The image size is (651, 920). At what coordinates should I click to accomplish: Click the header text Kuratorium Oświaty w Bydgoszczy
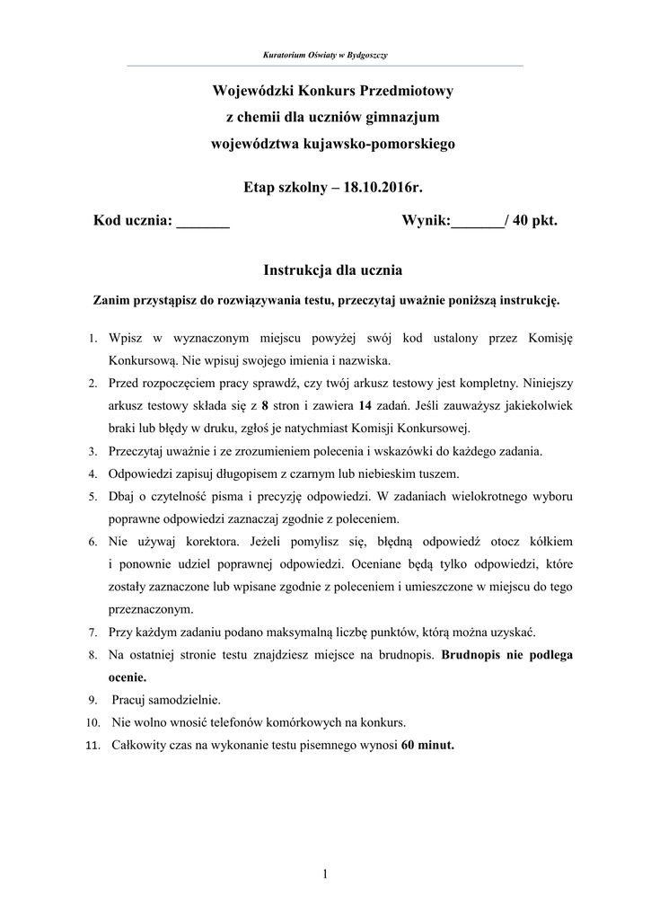pyautogui.click(x=324, y=56)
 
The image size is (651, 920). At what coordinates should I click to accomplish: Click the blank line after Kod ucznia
pyautogui.click(x=203, y=222)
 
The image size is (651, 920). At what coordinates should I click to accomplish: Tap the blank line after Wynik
pyautogui.click(x=477, y=222)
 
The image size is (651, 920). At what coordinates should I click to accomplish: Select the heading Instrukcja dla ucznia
pyautogui.click(x=332, y=270)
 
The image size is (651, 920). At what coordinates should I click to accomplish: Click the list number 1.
pyautogui.click(x=92, y=340)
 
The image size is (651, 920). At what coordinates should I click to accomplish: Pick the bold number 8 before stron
pyautogui.click(x=265, y=404)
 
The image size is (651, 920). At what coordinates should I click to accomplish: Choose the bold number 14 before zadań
pyautogui.click(x=365, y=404)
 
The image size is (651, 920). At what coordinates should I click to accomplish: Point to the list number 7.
pyautogui.click(x=92, y=632)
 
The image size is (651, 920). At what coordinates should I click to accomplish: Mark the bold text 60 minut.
pyautogui.click(x=428, y=744)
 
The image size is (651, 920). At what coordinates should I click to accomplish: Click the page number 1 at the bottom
pyautogui.click(x=325, y=874)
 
